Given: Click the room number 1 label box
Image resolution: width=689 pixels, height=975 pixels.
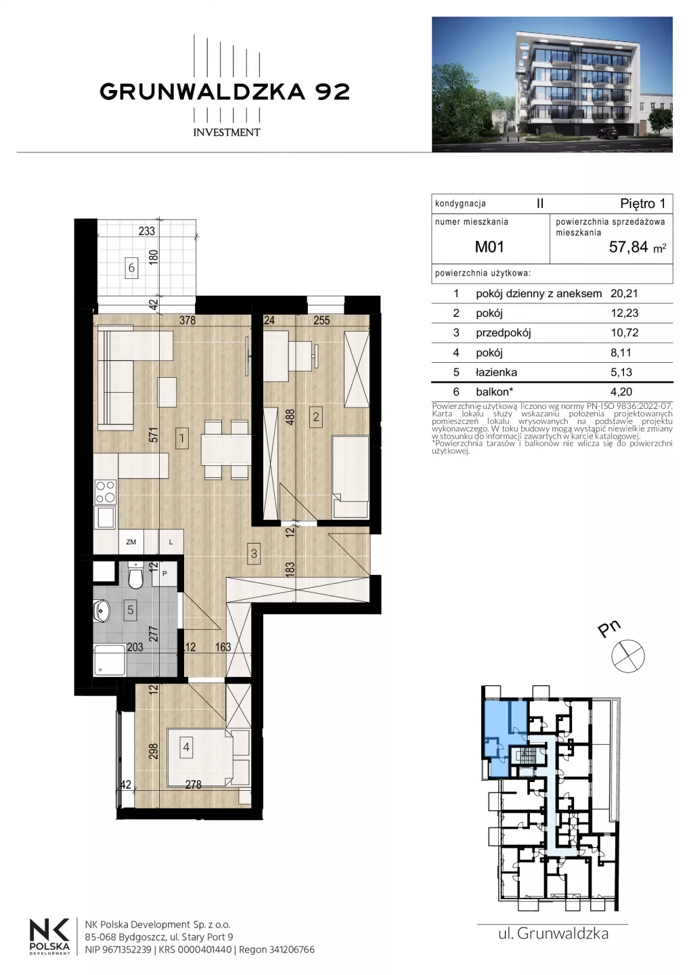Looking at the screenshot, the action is click(181, 438).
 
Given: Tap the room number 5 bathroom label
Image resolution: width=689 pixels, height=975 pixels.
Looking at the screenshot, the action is click(131, 610).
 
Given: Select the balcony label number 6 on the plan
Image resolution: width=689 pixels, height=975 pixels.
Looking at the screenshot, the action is click(131, 267).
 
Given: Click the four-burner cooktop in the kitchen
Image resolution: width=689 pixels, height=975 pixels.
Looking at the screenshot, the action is click(106, 492).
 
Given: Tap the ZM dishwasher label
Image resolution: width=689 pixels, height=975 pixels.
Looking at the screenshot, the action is click(131, 542).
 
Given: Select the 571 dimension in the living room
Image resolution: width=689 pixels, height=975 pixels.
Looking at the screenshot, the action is click(153, 435).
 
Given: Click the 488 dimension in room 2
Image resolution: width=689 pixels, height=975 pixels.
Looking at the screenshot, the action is click(290, 417).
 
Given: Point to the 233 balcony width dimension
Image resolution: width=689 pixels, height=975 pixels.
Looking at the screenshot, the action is click(147, 231).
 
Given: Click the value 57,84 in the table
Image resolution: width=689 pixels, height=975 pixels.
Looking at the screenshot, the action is click(629, 247).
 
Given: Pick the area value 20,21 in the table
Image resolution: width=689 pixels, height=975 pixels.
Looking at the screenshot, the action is click(624, 293).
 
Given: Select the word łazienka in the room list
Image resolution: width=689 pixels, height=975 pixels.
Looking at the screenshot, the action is click(496, 372).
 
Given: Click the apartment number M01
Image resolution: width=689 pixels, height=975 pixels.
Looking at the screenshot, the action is click(489, 246).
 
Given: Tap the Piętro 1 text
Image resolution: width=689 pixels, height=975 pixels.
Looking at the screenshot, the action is click(642, 204).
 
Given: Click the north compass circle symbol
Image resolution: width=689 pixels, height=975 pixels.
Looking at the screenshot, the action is click(628, 655).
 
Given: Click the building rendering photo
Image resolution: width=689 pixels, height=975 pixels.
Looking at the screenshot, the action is click(552, 85).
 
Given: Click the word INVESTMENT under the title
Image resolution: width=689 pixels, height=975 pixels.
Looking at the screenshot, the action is click(227, 132).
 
